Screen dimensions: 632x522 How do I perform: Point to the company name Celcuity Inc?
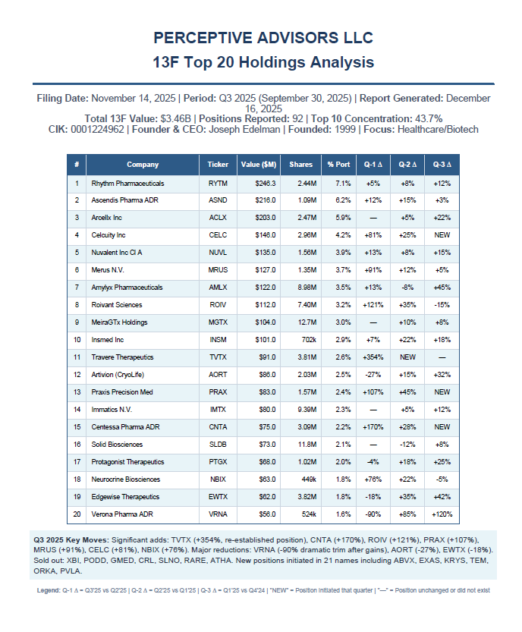point(108,235)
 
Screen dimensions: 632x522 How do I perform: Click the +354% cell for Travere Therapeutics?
point(372,357)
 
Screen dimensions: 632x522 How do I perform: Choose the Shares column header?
point(300,165)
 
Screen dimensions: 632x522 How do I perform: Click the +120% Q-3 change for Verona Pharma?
point(442,514)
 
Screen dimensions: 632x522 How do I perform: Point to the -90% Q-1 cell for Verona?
point(372,514)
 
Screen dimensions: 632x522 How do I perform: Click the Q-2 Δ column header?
point(407,165)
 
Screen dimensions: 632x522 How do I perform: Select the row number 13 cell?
point(76,392)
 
